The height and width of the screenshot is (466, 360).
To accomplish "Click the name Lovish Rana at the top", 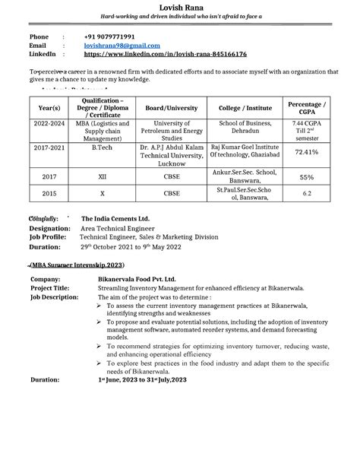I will click(x=179, y=8).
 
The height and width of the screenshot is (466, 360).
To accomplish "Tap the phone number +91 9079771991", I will click(x=115, y=36).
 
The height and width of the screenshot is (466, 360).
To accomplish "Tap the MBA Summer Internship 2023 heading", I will click(x=77, y=265).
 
